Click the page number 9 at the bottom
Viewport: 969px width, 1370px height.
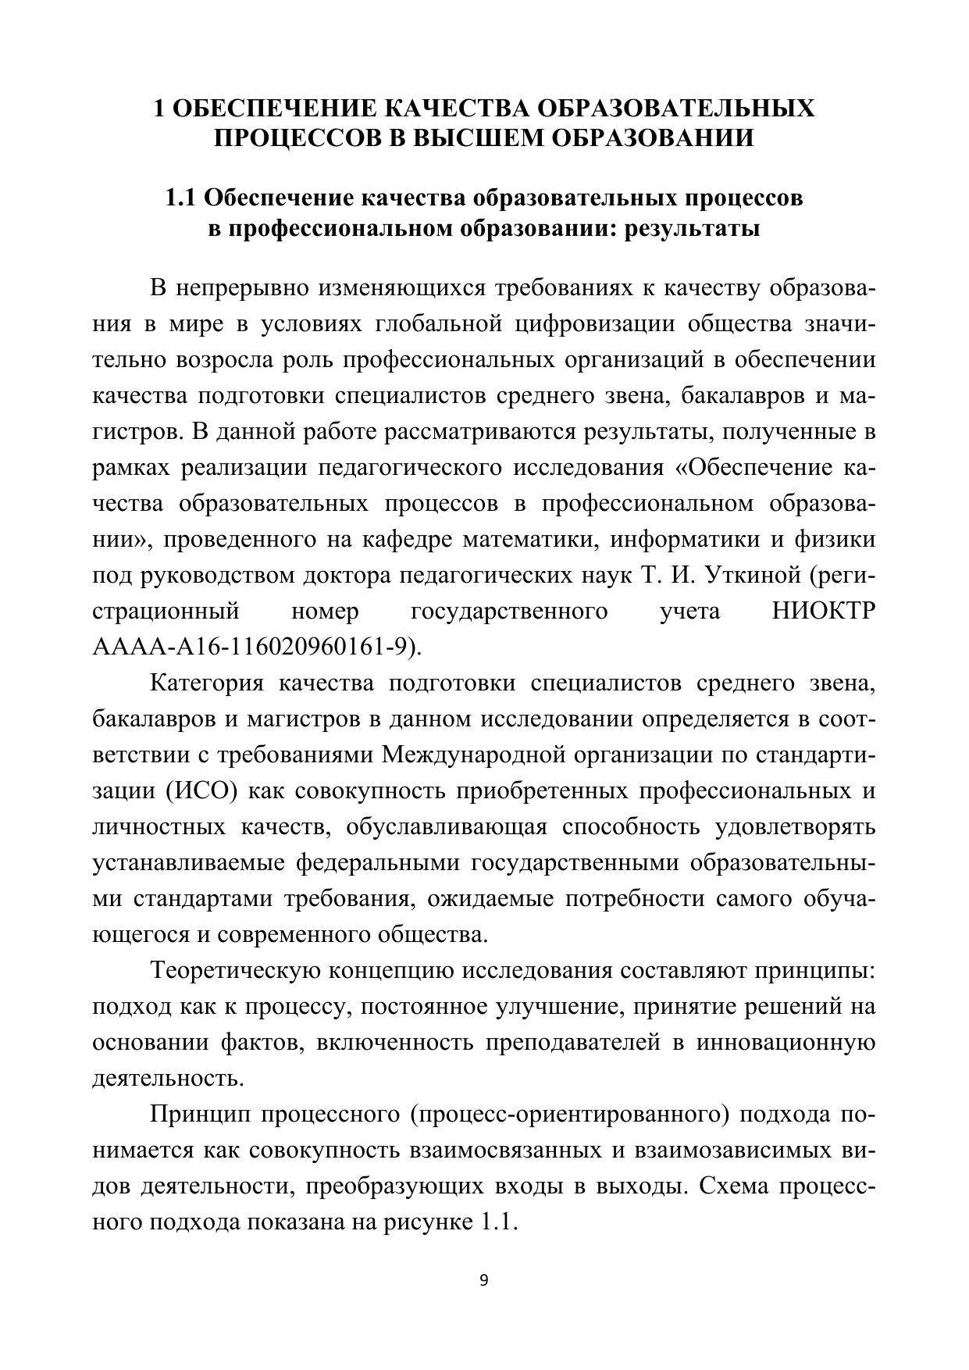[483, 1280]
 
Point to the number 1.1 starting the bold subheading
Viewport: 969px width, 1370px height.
[181, 198]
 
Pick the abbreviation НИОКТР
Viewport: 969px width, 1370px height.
[823, 611]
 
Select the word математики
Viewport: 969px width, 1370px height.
[528, 539]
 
